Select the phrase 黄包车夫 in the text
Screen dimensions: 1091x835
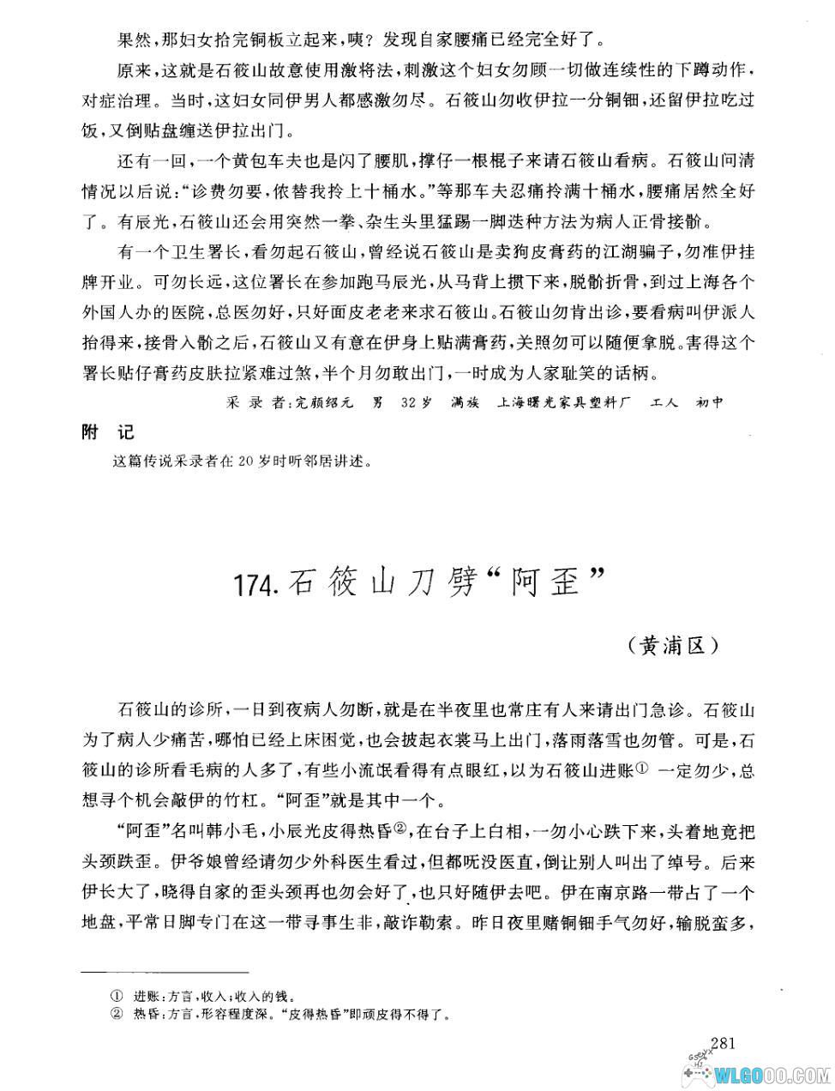250,160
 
